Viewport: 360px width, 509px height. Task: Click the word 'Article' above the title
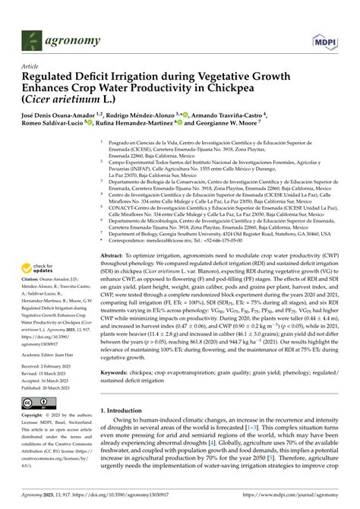[x=33, y=66]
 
